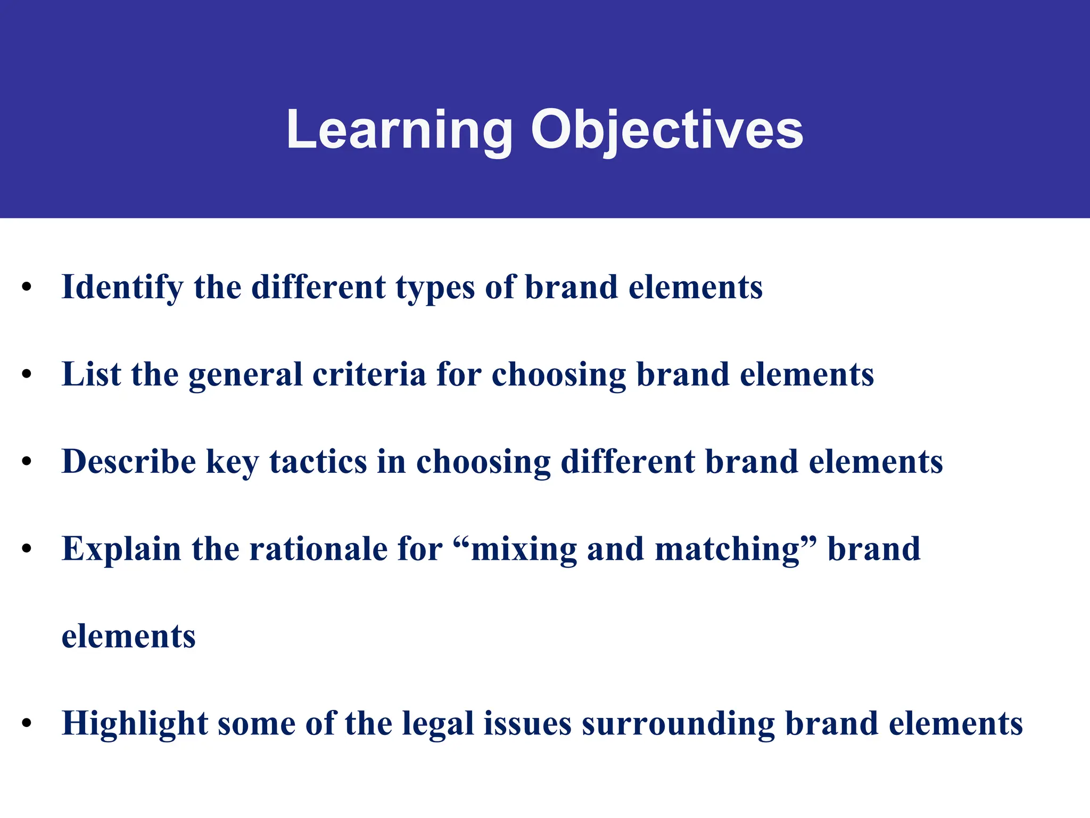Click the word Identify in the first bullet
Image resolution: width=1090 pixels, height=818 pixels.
122,288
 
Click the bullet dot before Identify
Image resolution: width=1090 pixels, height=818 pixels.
27,288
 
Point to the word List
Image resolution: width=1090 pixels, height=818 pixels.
91,374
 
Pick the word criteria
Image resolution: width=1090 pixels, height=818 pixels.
369,374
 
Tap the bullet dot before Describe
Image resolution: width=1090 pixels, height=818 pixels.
27,462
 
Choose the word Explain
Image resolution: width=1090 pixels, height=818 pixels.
121,549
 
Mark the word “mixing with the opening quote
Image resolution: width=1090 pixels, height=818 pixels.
515,549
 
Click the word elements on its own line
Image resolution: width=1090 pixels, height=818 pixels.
128,636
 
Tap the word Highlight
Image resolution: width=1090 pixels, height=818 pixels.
135,724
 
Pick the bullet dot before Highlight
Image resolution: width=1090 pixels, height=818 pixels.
27,724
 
